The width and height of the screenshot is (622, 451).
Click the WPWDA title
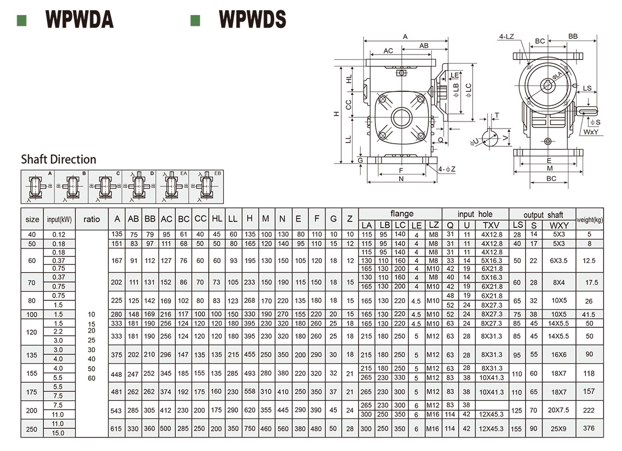click(80, 20)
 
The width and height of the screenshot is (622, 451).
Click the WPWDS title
click(252, 20)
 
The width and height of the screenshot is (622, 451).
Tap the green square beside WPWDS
click(195, 21)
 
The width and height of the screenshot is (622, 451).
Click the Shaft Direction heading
click(58, 159)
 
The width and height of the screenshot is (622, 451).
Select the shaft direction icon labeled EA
click(173, 187)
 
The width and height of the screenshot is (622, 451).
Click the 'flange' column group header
click(401, 214)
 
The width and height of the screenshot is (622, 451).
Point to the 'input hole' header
click(475, 214)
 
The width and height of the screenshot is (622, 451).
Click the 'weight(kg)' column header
click(590, 219)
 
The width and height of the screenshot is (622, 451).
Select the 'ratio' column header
click(92, 219)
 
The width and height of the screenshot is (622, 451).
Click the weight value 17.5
click(590, 282)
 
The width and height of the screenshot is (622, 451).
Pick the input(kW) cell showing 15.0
click(58, 433)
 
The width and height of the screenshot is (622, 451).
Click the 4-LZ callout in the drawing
click(506, 37)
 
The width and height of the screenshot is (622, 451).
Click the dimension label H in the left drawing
click(336, 114)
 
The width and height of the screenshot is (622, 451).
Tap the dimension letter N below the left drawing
click(401, 179)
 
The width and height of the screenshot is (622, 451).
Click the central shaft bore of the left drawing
click(401, 117)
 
